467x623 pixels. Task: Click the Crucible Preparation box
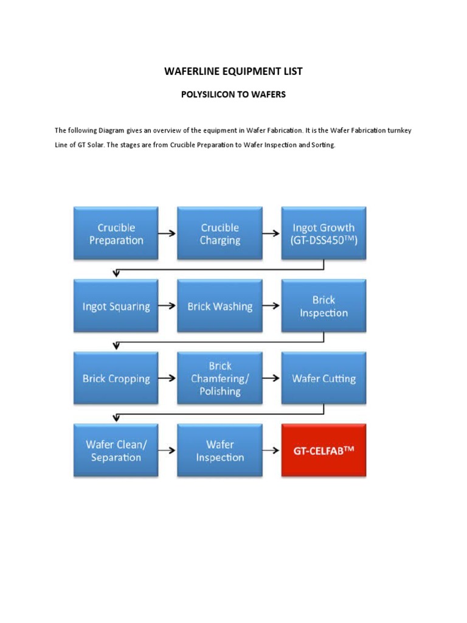tap(116, 234)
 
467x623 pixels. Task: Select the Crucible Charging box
tap(220, 234)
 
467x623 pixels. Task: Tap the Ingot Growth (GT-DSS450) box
tap(323, 234)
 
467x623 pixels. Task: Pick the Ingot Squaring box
tap(116, 307)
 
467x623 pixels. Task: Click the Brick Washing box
tap(220, 307)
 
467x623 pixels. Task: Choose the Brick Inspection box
tap(323, 307)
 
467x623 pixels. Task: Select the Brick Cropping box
tap(116, 378)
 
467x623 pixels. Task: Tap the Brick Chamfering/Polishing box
tap(220, 378)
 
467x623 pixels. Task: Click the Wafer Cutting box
tap(323, 378)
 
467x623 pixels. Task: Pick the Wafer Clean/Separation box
tap(116, 451)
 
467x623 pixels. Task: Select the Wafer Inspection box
tap(220, 451)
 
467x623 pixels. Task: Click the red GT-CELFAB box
tap(323, 451)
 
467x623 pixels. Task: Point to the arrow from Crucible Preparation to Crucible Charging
tap(168, 234)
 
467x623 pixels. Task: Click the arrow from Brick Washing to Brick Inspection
tap(271, 306)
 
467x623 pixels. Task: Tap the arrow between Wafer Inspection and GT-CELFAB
tap(271, 451)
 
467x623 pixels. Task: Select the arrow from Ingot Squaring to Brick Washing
tap(168, 306)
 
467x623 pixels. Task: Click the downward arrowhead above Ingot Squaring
tap(116, 273)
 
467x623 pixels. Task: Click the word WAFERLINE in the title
tap(189, 72)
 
